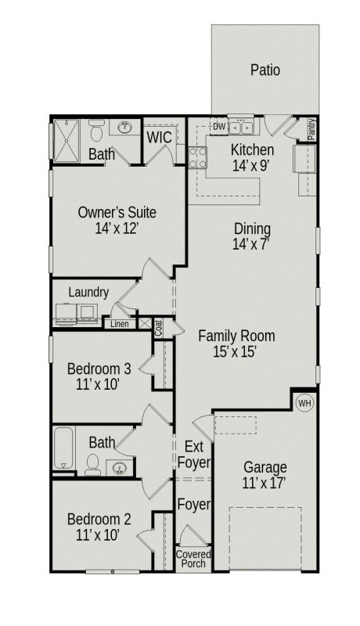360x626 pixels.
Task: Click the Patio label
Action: pyautogui.click(x=265, y=70)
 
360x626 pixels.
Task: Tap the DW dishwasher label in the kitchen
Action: pyautogui.click(x=219, y=126)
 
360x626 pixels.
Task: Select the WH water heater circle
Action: pyautogui.click(x=304, y=403)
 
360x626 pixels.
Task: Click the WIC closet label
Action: pyautogui.click(x=160, y=138)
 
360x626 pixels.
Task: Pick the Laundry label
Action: pyautogui.click(x=88, y=292)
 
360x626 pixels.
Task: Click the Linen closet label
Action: pyautogui.click(x=119, y=323)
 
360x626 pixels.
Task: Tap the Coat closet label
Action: pyautogui.click(x=158, y=326)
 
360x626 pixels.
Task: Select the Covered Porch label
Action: pyautogui.click(x=193, y=559)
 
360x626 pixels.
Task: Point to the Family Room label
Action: pyautogui.click(x=236, y=336)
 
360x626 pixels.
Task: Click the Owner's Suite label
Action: pyautogui.click(x=117, y=212)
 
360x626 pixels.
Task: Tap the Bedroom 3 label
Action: pyautogui.click(x=99, y=369)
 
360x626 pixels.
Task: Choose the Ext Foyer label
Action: pyautogui.click(x=193, y=454)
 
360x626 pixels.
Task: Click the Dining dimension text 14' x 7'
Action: pyautogui.click(x=252, y=244)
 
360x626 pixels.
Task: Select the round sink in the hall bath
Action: pyautogui.click(x=121, y=468)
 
